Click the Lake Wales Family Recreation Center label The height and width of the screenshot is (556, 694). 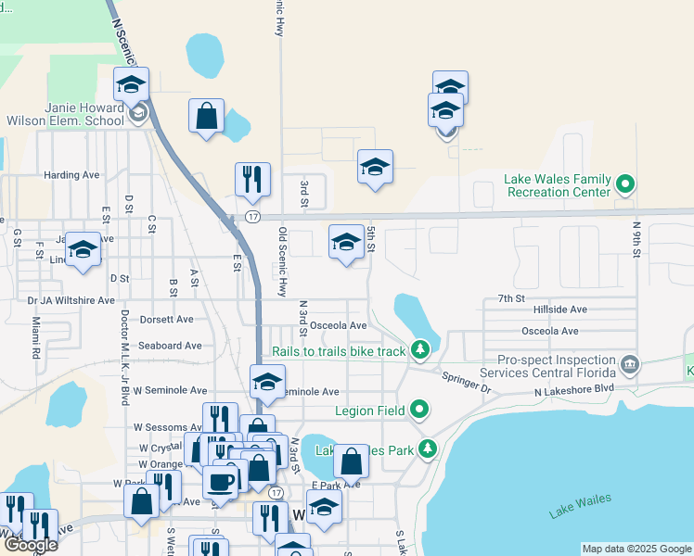(558, 185)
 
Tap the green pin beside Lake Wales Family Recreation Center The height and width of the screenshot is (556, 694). (624, 185)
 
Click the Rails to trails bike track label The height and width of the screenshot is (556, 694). (340, 351)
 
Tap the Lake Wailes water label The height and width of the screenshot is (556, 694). (580, 506)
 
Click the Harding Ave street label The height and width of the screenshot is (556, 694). (71, 174)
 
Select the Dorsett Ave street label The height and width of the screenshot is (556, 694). (166, 319)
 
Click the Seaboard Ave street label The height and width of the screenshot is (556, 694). (170, 346)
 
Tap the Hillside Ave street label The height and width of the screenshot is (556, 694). (555, 310)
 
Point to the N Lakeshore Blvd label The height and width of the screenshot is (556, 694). (574, 389)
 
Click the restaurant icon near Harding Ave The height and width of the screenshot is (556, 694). (252, 180)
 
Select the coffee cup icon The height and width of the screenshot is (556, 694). (221, 481)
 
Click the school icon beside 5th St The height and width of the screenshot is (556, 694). (346, 244)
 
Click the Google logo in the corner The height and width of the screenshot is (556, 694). (30, 545)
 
